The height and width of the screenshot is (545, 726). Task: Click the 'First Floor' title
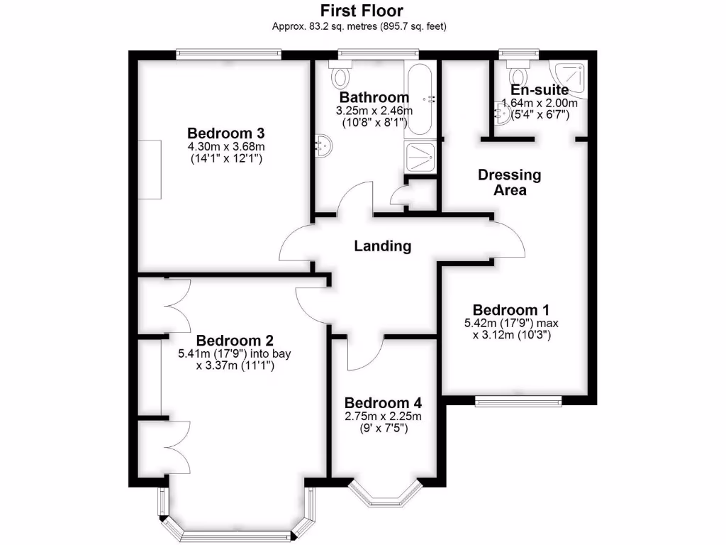362,11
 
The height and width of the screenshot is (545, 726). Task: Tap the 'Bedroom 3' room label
225,133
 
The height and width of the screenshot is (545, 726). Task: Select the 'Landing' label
383,246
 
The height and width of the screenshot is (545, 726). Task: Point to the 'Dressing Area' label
509,182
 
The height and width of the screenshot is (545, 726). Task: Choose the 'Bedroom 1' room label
510,310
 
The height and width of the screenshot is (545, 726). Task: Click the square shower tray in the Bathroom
420,158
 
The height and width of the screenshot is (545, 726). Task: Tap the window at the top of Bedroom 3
228,54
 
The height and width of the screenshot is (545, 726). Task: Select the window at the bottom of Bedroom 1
518,402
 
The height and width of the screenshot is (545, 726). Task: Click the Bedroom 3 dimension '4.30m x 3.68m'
225,147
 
